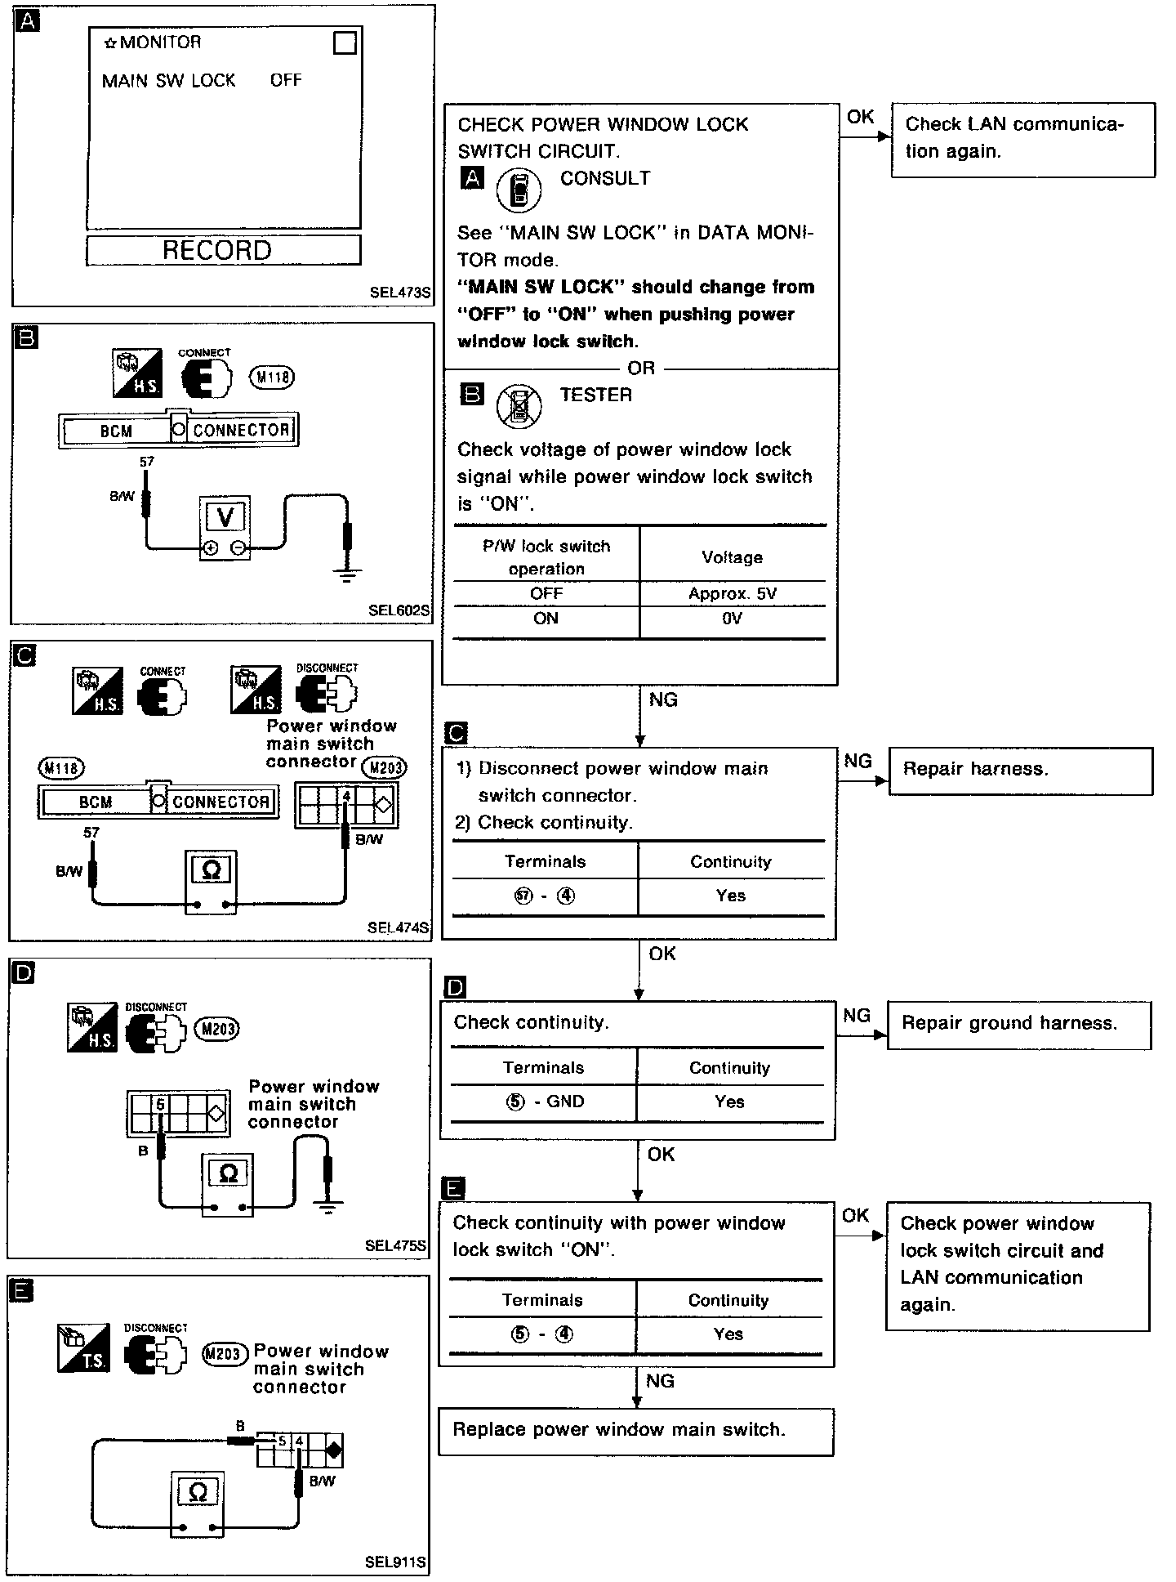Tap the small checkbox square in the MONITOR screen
(x=345, y=43)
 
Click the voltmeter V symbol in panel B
(x=225, y=517)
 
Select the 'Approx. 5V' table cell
(x=732, y=594)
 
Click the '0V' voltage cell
(x=732, y=619)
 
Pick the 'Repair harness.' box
(x=1020, y=770)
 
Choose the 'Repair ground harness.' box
(x=1018, y=1024)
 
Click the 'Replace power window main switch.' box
(x=635, y=1430)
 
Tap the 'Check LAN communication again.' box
(x=1022, y=138)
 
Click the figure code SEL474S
(x=398, y=927)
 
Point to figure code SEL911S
(x=395, y=1562)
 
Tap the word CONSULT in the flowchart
(x=605, y=179)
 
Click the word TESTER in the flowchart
(x=596, y=395)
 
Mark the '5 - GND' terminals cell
(x=544, y=1102)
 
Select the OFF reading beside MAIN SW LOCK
(x=286, y=80)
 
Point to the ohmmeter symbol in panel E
(x=198, y=1493)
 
